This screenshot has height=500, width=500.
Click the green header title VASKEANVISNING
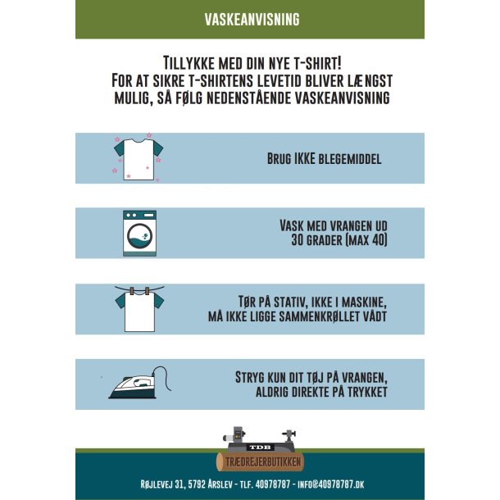pos(252,20)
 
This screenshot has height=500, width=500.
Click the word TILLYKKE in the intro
pos(189,63)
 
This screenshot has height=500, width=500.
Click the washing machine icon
pos(139,233)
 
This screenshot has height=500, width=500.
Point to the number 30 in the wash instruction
pos(297,240)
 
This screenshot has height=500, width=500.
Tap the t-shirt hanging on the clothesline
pos(139,309)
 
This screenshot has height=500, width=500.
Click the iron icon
pos(139,383)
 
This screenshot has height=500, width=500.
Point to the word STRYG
pos(250,378)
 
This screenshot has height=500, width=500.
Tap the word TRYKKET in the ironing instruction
pos(367,392)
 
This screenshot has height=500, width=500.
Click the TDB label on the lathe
pos(261,447)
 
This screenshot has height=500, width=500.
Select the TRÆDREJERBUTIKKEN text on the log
pos(263,462)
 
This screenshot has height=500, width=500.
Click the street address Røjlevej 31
pos(161,484)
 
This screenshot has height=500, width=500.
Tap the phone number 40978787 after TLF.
pos(273,484)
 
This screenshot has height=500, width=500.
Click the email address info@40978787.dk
pos(330,484)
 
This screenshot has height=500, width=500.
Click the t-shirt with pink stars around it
pos(139,160)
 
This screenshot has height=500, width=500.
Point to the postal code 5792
pos(197,484)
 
